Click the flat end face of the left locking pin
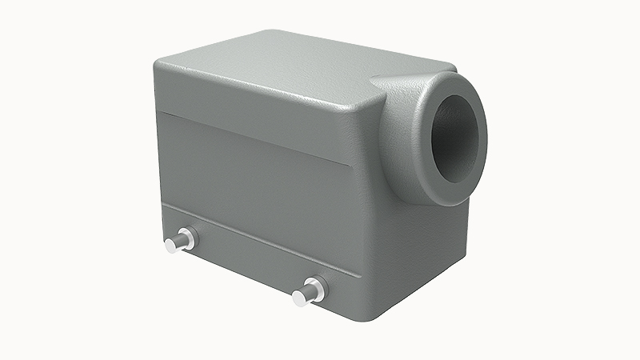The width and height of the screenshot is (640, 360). [x=170, y=246]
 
